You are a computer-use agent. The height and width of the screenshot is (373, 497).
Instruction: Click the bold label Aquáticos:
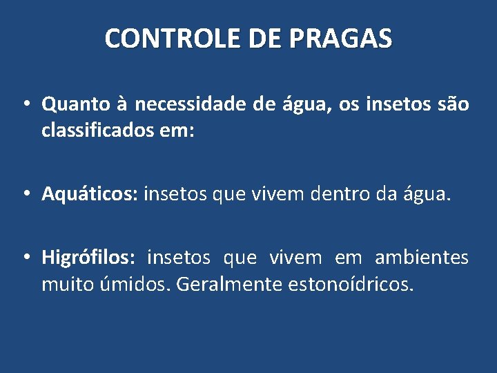[90, 195]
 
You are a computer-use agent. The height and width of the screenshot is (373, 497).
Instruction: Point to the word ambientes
[422, 258]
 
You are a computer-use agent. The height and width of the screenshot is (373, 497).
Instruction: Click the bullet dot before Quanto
[24, 105]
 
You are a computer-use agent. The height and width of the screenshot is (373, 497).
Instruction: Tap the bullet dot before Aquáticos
[24, 195]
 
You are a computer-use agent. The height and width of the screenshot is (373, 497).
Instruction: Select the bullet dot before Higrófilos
[24, 258]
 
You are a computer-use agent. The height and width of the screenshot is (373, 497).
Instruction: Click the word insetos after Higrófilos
[179, 258]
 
